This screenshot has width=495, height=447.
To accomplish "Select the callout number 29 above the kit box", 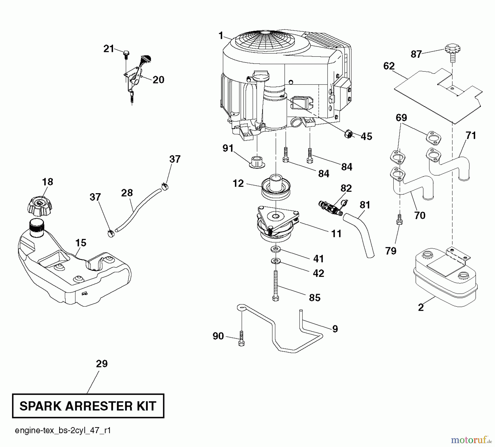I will pos(102,364).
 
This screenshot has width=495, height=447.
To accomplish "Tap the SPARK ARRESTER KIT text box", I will pos(88,406).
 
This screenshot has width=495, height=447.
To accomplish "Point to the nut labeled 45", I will pos(348,134).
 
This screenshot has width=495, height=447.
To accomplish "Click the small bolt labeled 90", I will pos(241,338).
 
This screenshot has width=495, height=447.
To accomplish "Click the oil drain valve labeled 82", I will pos(331,208).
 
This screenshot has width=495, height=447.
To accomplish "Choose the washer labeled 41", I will pos(275,249).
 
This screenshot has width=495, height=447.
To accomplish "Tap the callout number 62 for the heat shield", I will pos(389,66).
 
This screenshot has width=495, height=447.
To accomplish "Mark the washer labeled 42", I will pos(275,261).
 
